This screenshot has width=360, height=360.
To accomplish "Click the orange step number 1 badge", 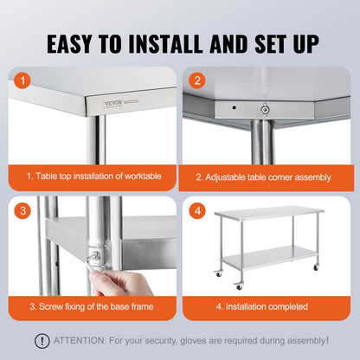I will (x=24, y=80).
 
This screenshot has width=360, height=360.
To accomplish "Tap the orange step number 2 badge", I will (x=197, y=80).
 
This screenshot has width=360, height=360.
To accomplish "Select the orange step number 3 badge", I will (x=24, y=210).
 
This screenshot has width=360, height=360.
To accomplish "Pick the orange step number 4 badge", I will (x=197, y=210).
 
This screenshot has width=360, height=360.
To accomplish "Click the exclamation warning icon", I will (x=42, y=341).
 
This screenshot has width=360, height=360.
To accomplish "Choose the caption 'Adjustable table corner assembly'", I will (x=263, y=176).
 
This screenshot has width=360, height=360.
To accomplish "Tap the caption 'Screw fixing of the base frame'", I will (x=93, y=305).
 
